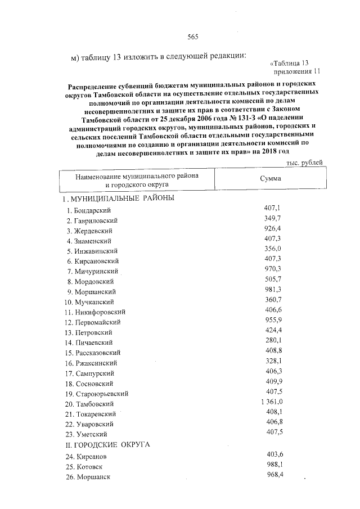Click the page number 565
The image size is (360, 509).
pyautogui.click(x=193, y=37)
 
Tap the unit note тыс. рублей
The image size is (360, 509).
pyautogui.click(x=304, y=162)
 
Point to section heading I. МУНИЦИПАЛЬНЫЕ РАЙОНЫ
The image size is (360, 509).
pyautogui.click(x=118, y=199)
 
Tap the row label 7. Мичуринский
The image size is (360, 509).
pyautogui.click(x=92, y=271)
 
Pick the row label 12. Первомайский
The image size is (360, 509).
pyautogui.click(x=92, y=322)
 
